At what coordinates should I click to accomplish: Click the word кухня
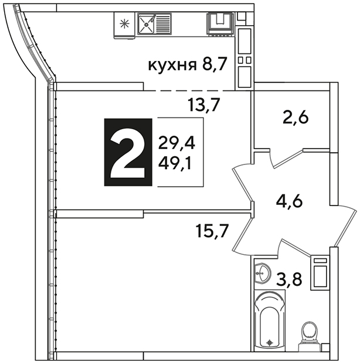(x=172, y=65)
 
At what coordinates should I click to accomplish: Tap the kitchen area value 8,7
(x=214, y=65)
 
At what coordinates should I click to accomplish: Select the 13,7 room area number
(x=203, y=105)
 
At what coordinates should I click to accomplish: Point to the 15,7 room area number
(x=212, y=231)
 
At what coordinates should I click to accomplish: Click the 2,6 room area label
(x=296, y=118)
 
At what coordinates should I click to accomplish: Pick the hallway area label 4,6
(x=289, y=201)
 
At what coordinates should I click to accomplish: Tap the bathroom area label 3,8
(x=289, y=279)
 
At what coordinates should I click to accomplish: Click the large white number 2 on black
(x=128, y=152)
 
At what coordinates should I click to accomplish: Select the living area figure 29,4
(x=176, y=143)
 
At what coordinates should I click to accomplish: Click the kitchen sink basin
(x=146, y=23)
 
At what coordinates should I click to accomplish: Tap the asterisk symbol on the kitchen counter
(x=124, y=24)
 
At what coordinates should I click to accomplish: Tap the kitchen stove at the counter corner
(x=220, y=24)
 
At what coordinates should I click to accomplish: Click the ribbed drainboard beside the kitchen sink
(x=162, y=24)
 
